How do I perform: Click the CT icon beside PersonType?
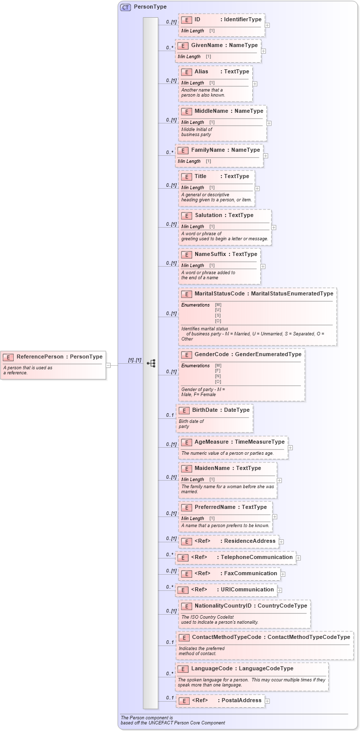pos(125,7)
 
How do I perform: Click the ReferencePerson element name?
pos(40,357)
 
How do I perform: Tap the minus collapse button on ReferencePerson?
pos(108,364)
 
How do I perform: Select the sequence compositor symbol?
pos(151,363)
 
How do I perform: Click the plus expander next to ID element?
pos(267,25)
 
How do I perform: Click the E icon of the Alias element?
pos(186,72)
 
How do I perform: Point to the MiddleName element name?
pos(211,111)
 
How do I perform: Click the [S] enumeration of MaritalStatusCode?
pos(218,315)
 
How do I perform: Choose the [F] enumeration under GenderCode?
pos(218,371)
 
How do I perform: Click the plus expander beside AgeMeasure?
pos(290,447)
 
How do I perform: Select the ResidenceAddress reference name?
pos(250,541)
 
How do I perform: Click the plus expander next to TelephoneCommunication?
pos(298,557)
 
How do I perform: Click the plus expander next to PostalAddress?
pos(267,701)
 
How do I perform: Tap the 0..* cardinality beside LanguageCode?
pos(169,673)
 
